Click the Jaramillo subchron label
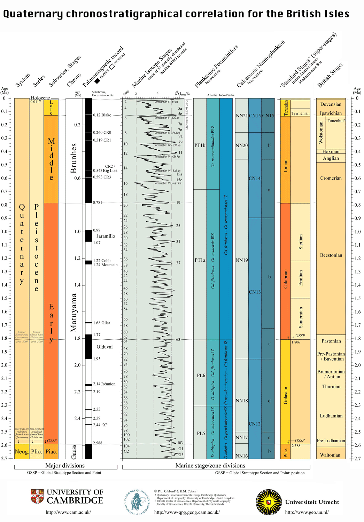106,236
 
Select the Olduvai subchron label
104,347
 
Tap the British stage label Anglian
331,158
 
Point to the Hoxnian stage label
331,152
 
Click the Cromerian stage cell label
331,178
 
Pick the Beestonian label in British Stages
331,255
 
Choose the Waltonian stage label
330,455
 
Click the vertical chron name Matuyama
74,313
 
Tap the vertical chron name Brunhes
74,158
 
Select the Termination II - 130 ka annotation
167,118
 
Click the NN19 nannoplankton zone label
242,260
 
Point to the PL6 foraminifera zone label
201,376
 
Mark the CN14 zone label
255,179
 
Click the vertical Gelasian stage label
286,395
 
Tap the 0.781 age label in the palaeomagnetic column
98,203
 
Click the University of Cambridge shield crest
37,497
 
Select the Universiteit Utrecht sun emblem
269,502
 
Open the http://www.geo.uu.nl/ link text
307,512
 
